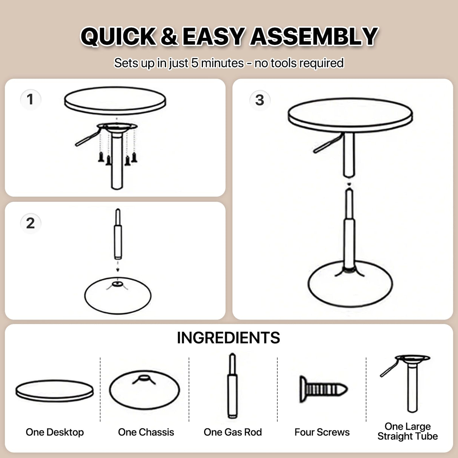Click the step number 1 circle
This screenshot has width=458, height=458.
click(30, 100)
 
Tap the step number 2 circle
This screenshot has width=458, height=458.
click(30, 223)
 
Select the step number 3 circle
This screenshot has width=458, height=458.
click(260, 100)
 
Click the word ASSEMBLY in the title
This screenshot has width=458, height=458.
click(314, 37)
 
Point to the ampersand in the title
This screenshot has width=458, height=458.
click(169, 37)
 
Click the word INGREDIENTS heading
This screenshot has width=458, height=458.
click(228, 338)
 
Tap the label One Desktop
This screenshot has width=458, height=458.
click(55, 432)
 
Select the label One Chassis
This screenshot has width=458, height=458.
click(146, 432)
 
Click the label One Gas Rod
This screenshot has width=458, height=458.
click(233, 432)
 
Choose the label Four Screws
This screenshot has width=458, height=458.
click(322, 432)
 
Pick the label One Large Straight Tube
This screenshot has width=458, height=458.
click(407, 432)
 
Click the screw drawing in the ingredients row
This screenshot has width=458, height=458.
click(323, 389)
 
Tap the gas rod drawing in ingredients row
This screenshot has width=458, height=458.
click(232, 387)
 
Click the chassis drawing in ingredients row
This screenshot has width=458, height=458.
click(144, 390)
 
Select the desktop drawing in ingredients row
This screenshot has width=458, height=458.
click(55, 390)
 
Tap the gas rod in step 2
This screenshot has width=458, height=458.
click(118, 236)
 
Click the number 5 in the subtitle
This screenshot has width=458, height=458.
click(195, 63)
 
